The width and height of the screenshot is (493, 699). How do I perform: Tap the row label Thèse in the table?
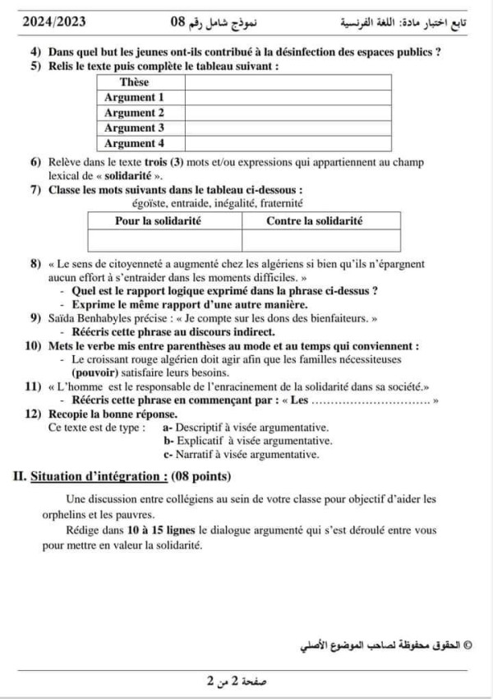pyautogui.click(x=135, y=82)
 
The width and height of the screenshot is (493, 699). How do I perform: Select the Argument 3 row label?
pyautogui.click(x=135, y=127)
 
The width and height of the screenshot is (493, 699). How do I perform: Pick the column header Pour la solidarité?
pyautogui.click(x=159, y=221)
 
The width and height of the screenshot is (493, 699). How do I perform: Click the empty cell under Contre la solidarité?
pyautogui.click(x=320, y=240)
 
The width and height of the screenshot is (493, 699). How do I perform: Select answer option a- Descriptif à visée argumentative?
pyautogui.click(x=246, y=428)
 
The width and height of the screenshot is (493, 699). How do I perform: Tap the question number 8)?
pyautogui.click(x=35, y=265)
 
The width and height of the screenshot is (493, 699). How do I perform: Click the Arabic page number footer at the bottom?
pyautogui.click(x=238, y=682)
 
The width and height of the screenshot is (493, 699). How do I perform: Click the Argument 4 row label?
pyautogui.click(x=135, y=143)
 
